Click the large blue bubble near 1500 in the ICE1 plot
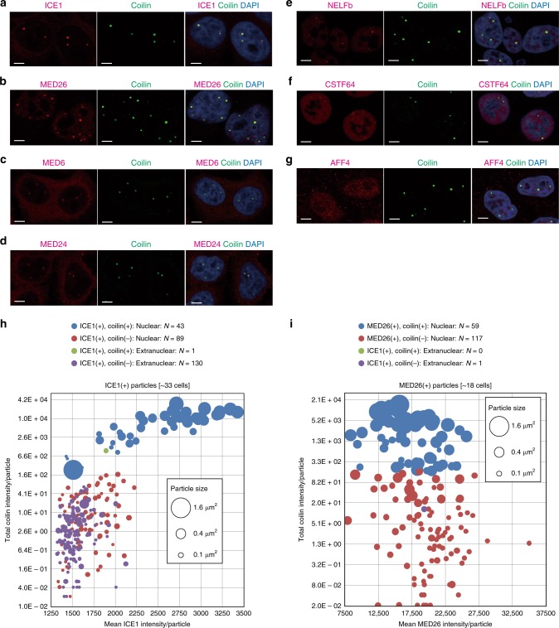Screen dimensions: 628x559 click(x=74, y=469)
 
